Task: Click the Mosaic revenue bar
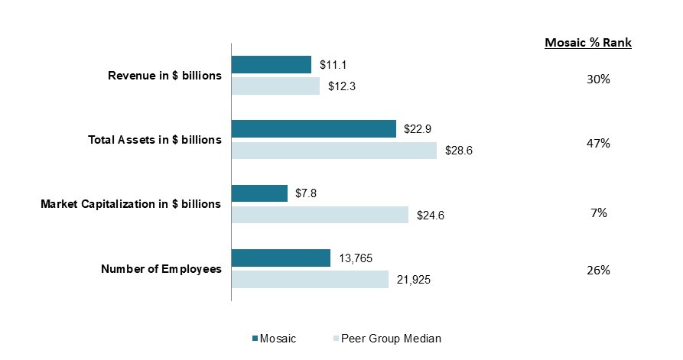pos(272,64)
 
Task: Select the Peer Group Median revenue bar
pos(276,86)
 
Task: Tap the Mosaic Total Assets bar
pos(314,129)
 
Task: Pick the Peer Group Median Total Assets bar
pos(334,150)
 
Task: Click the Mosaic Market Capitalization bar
pos(259,193)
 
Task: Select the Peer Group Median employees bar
pos(310,280)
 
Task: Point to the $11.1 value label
pos(333,65)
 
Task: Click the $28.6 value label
pos(459,151)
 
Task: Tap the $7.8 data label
pos(306,193)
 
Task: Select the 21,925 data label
pos(413,280)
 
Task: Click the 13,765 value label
pos(356,258)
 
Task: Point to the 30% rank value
pos(599,79)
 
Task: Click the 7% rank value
pos(599,212)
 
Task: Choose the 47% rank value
pos(599,143)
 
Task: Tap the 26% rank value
pos(599,271)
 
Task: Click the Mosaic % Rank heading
pos(588,43)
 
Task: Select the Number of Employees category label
pos(161,269)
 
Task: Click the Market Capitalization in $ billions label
pos(131,204)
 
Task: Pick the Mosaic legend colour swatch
pos(255,339)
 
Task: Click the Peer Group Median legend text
pos(391,339)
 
